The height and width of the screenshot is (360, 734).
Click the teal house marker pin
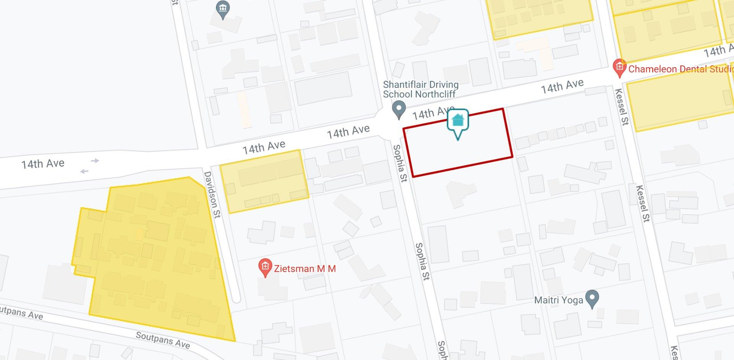point(458,121)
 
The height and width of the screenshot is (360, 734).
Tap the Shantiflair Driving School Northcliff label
point(421,89)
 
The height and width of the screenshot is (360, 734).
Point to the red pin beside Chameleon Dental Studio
point(619,68)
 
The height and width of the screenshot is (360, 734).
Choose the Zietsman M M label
point(305,269)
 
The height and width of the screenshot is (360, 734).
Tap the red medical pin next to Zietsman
point(265,268)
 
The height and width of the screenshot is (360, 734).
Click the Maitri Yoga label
point(559,300)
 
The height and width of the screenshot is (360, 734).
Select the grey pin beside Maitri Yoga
point(592,299)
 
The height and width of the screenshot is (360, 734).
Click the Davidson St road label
point(212,195)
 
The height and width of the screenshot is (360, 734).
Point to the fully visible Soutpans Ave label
point(162,340)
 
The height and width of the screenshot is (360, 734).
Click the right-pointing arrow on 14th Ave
point(95,161)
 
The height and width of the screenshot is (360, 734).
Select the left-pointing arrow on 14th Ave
point(84,171)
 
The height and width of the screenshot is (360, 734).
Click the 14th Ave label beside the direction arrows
point(43,164)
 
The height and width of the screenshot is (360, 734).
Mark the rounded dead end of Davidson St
point(236,297)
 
